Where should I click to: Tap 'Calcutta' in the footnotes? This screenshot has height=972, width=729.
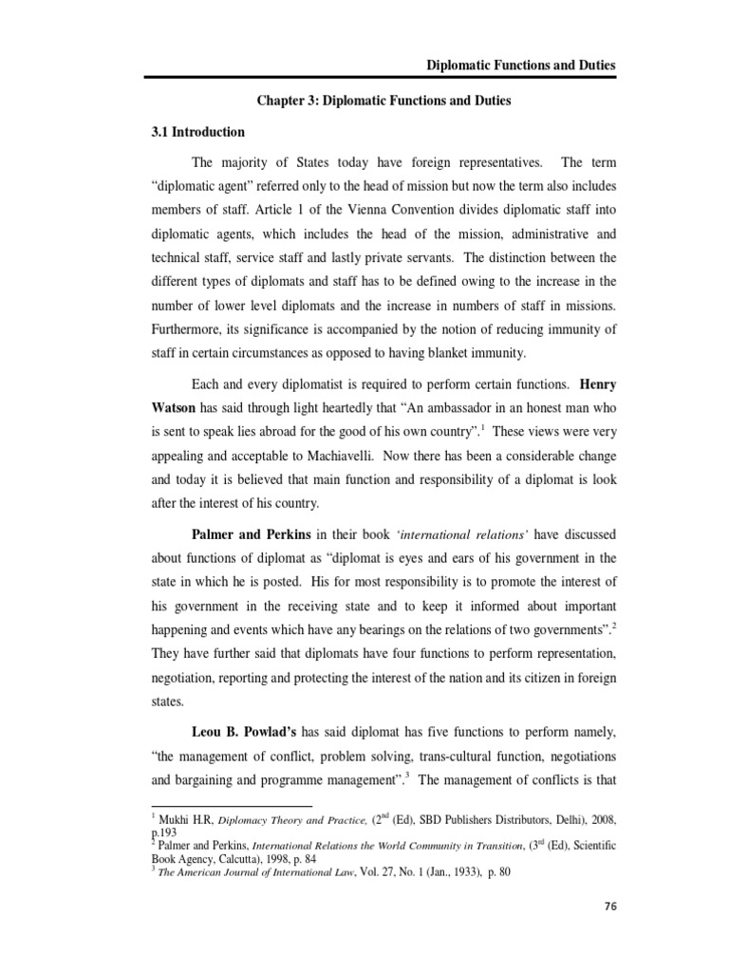231,856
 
